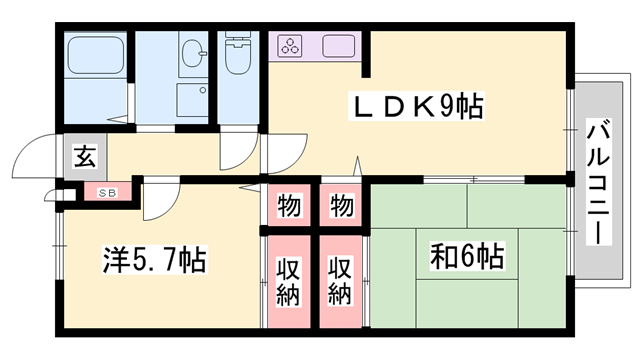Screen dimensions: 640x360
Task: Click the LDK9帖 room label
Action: point(414,105)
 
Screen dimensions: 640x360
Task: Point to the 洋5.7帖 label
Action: point(154,261)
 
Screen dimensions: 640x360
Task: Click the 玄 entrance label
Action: point(84,157)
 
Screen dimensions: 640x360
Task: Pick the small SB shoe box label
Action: point(105,191)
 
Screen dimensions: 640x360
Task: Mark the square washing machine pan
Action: point(192,101)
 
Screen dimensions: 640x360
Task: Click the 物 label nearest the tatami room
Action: point(341,207)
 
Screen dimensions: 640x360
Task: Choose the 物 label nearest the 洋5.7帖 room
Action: point(289,207)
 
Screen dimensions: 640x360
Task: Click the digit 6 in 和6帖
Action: point(462,256)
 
